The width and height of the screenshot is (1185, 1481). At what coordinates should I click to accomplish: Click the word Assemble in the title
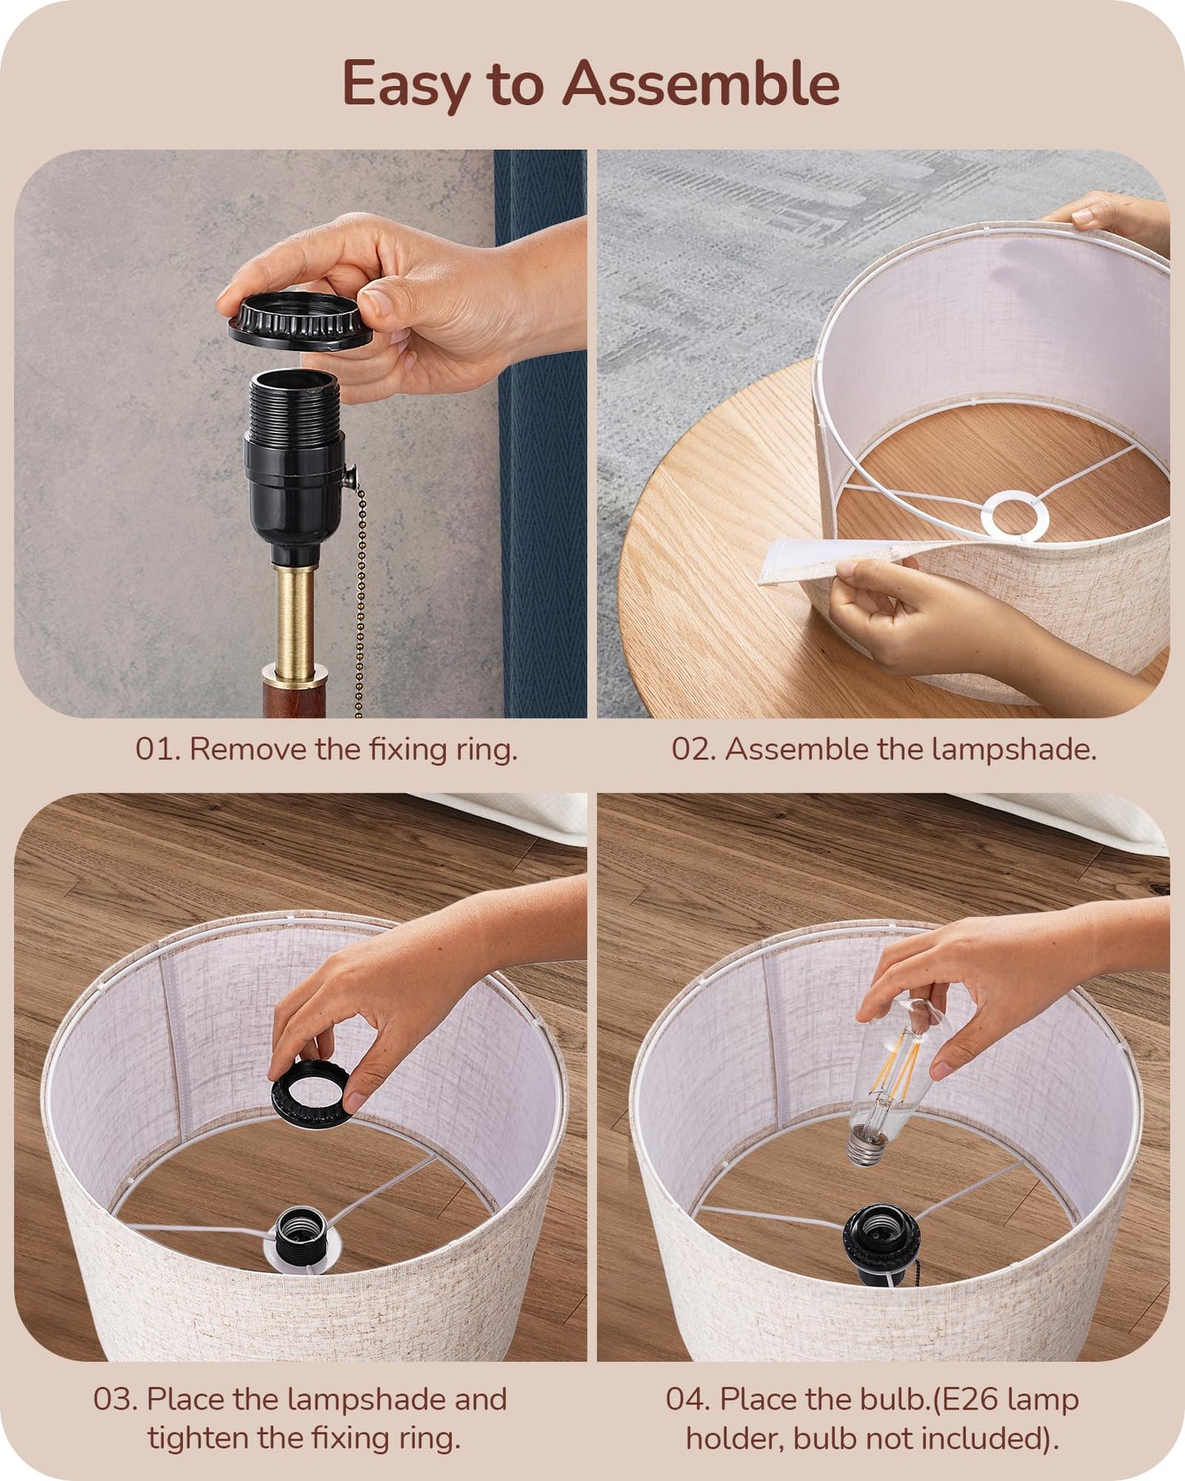701,83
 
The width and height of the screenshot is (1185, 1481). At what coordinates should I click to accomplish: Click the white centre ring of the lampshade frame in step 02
1016,516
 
